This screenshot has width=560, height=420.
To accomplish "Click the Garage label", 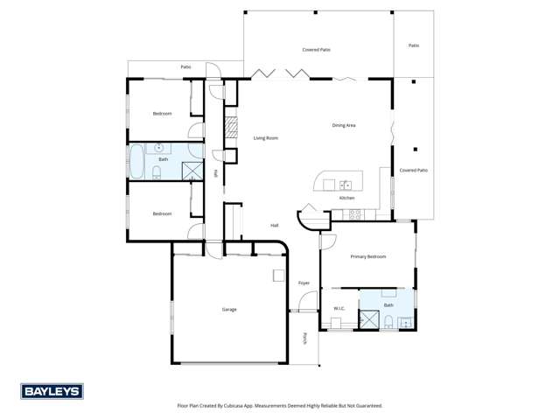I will click(228, 309).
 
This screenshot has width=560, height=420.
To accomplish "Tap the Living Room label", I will click(266, 138).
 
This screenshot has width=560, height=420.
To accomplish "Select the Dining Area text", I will click(343, 125).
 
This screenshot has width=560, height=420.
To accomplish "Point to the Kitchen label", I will click(346, 198).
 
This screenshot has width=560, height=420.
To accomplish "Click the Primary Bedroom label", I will click(368, 256).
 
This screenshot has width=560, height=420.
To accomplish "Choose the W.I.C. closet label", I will click(339, 308).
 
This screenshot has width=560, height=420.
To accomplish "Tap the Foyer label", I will click(304, 283).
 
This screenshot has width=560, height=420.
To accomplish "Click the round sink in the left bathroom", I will click(160, 148).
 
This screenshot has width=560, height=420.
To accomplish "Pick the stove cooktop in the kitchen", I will click(354, 213).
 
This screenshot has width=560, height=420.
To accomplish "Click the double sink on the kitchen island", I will click(346, 185).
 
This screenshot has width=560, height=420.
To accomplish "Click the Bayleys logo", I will click(52, 391).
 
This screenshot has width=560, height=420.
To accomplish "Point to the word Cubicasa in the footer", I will click(241, 405).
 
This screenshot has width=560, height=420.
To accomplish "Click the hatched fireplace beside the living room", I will click(231, 129).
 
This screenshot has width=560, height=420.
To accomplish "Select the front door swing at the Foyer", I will click(305, 304).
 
